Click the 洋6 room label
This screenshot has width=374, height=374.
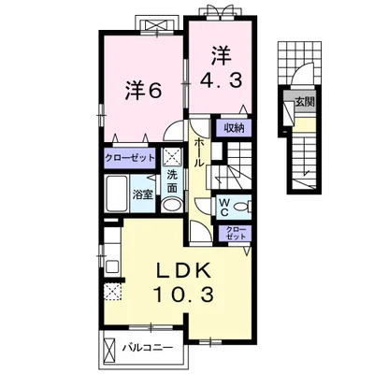(143, 91)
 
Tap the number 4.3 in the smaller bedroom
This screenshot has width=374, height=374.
(221, 80)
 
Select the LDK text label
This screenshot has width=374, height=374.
(182, 270)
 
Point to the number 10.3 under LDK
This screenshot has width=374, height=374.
(183, 295)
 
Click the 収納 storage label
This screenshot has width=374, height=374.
(234, 128)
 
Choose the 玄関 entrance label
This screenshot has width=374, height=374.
(305, 102)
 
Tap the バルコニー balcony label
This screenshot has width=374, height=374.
(148, 347)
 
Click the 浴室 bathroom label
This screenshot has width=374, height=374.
(143, 194)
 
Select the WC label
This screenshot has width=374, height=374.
(224, 208)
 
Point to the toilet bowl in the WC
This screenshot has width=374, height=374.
(241, 207)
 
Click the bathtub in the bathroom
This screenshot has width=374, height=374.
(117, 194)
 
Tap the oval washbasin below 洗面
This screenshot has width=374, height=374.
(171, 205)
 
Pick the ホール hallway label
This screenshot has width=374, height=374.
(199, 152)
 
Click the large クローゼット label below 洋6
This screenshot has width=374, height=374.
(129, 158)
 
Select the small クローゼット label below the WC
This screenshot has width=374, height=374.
(236, 233)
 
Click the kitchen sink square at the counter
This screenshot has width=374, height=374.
(111, 267)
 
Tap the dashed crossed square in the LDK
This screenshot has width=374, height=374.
(113, 292)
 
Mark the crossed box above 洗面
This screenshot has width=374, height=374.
(172, 156)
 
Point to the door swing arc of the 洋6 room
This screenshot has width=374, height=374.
(171, 128)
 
